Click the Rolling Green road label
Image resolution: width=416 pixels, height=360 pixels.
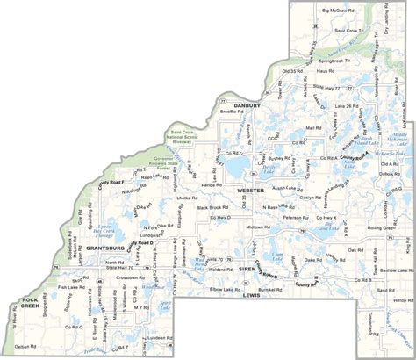click(x=381, y=228)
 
